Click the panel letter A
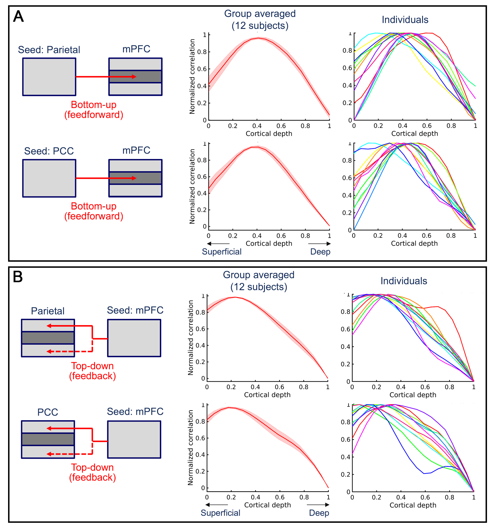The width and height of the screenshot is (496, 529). coord(18,16)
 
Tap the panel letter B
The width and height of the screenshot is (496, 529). coord(18,277)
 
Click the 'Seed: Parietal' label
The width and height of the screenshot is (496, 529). coord(49,50)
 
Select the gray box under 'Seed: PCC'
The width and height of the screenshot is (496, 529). coord(49,178)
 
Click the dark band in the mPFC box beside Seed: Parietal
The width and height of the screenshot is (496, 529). coord(135,76)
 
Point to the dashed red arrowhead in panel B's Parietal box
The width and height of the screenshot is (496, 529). coord(49,352)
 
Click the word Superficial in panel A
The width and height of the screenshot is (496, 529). coord(221,252)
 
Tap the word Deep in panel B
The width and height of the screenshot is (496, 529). coord(319,513)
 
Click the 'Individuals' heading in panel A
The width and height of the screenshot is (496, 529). coord(405,20)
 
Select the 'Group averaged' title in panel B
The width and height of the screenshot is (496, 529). coord(258,275)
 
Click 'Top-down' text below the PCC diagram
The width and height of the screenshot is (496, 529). coord(92,467)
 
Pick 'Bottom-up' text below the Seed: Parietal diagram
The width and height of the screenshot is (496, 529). coord(93,105)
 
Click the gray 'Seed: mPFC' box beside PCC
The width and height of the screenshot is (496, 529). coord(134,439)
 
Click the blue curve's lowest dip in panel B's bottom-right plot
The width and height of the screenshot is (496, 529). coord(424,473)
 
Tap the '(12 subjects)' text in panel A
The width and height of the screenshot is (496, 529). coord(260,26)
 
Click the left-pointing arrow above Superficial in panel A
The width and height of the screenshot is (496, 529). coord(218,244)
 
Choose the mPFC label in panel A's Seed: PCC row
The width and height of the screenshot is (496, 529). coord(136,150)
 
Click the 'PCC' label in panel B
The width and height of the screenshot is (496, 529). coord(48,412)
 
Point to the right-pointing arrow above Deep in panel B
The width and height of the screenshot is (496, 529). coord(318,505)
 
